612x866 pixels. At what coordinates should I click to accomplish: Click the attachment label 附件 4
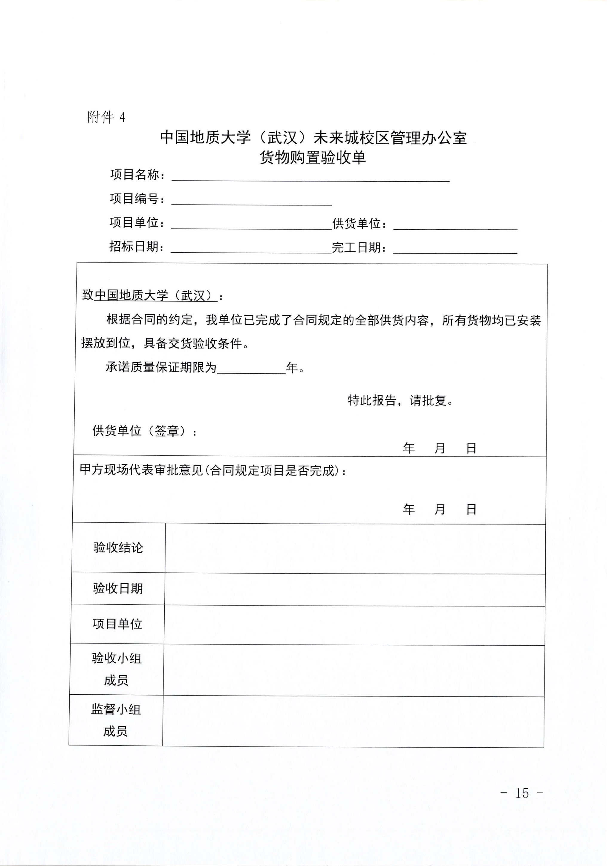[x=106, y=118]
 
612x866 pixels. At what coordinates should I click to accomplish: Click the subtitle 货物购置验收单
[x=313, y=158]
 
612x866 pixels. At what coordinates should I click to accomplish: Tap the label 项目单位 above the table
[x=137, y=223]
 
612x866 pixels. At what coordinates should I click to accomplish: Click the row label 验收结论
[x=118, y=548]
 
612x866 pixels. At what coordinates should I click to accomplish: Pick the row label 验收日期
[x=118, y=589]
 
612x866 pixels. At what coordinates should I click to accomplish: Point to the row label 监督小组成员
[x=116, y=721]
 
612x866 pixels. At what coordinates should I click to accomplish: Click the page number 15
[x=522, y=794]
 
